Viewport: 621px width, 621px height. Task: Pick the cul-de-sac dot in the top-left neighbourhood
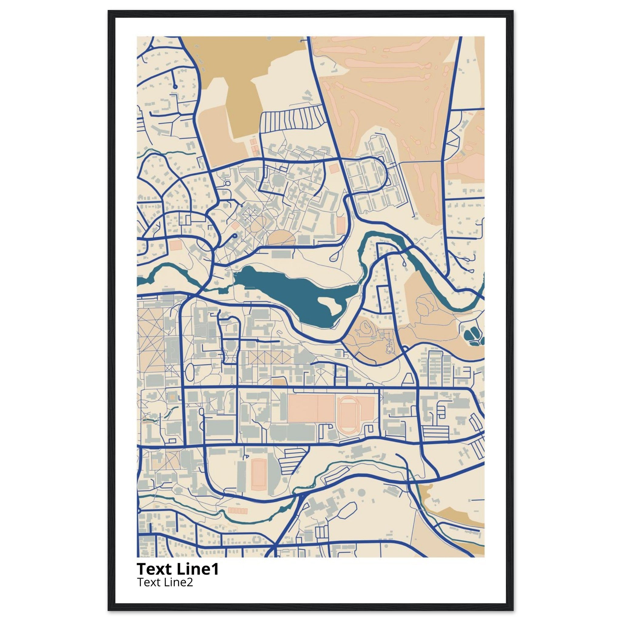pyautogui.click(x=175, y=86)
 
